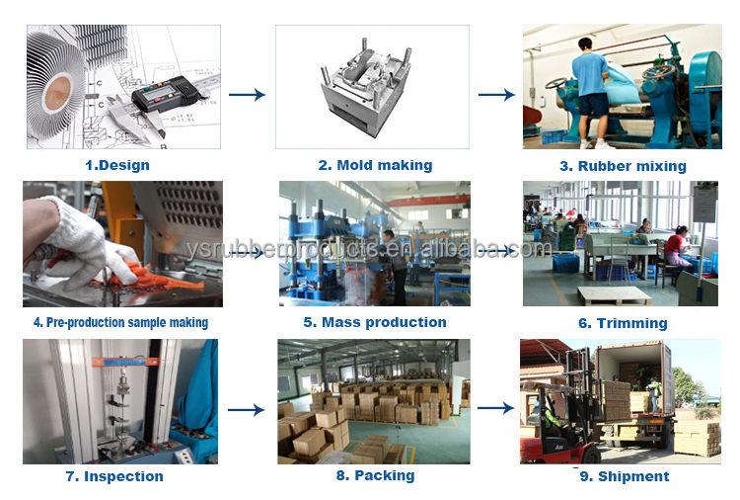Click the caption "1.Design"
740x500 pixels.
click(x=117, y=165)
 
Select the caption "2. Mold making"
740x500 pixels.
click(x=375, y=165)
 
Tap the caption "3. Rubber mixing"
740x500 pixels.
click(x=623, y=166)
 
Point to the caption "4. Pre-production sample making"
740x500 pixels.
click(x=120, y=322)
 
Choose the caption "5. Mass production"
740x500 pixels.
click(x=375, y=322)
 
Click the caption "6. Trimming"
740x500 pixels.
click(x=623, y=323)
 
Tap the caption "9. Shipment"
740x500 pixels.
click(x=623, y=476)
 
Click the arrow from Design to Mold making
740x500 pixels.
click(x=247, y=95)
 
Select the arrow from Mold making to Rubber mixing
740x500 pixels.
click(x=496, y=95)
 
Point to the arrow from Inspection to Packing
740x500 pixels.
click(x=247, y=408)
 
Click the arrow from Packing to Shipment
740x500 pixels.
click(x=496, y=407)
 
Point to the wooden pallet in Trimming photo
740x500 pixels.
click(x=614, y=294)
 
